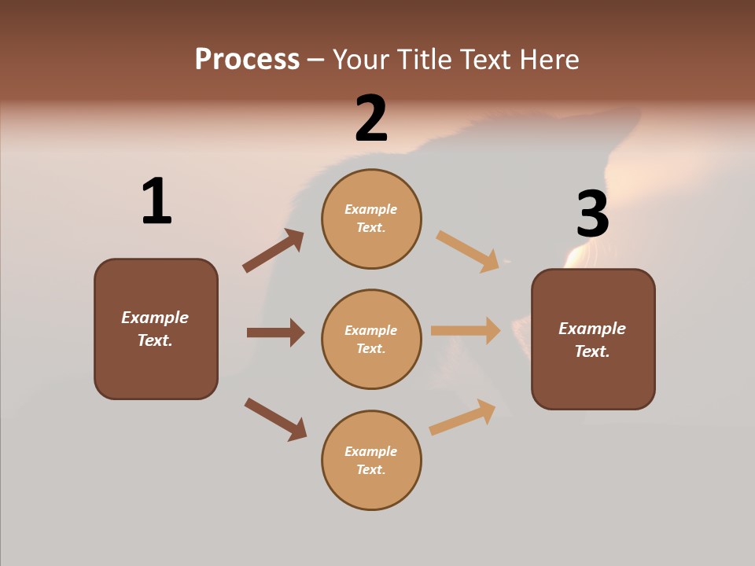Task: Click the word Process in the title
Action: click(x=247, y=60)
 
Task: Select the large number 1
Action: click(x=156, y=201)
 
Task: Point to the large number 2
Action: click(x=371, y=119)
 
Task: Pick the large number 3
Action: click(x=592, y=214)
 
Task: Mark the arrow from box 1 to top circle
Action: click(x=273, y=251)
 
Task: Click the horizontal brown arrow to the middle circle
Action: click(x=275, y=333)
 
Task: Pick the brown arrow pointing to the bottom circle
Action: click(x=275, y=419)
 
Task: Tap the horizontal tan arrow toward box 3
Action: click(x=466, y=331)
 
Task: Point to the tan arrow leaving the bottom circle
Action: click(x=462, y=417)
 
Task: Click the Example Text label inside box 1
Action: click(x=155, y=329)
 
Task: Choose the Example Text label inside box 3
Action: click(x=592, y=340)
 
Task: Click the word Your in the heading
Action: click(x=363, y=60)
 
